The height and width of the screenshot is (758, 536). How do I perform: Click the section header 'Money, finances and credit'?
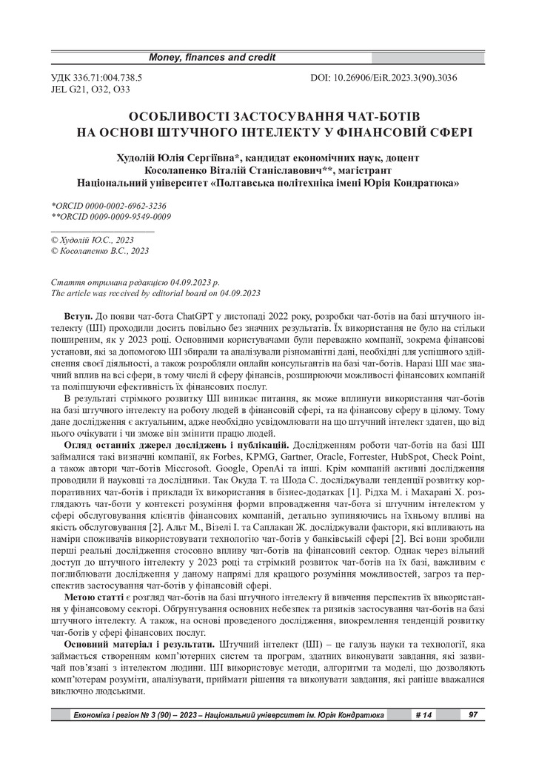[212, 57]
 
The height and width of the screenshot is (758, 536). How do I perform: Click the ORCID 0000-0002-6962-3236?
[113, 205]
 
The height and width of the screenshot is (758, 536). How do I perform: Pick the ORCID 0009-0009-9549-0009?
[116, 216]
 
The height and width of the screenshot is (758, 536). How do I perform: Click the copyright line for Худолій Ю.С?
[92, 240]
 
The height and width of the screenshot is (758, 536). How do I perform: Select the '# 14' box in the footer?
[423, 715]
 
